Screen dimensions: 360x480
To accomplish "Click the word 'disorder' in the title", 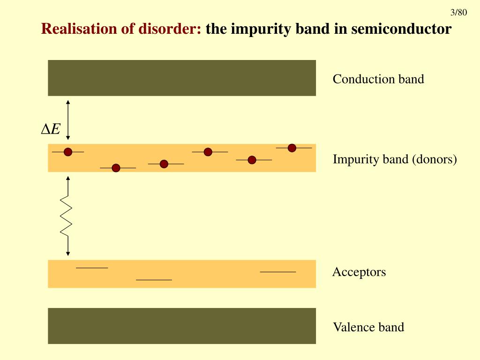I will pos(170,29).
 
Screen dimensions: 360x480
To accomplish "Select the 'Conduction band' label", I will pos(378,79).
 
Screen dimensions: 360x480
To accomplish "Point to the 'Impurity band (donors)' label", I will pos(394,159).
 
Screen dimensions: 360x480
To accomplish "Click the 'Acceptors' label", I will pos(359,272).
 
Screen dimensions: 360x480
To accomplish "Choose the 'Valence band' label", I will pos(368,327).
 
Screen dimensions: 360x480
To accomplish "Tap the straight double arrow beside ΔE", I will pos(68,120).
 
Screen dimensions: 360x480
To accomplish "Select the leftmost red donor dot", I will pos(68,152).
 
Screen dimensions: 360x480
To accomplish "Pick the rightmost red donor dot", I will pos(292,148).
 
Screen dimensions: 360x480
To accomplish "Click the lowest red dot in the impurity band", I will pos(116,168).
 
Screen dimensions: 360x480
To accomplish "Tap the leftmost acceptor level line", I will pos(92,268).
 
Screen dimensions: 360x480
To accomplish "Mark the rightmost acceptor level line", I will pos(277,271).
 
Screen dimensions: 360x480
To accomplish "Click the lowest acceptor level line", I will pos(154,280).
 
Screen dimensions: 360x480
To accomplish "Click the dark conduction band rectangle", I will pos(182,78).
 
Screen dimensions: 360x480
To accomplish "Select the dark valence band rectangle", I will pos(182,326).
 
